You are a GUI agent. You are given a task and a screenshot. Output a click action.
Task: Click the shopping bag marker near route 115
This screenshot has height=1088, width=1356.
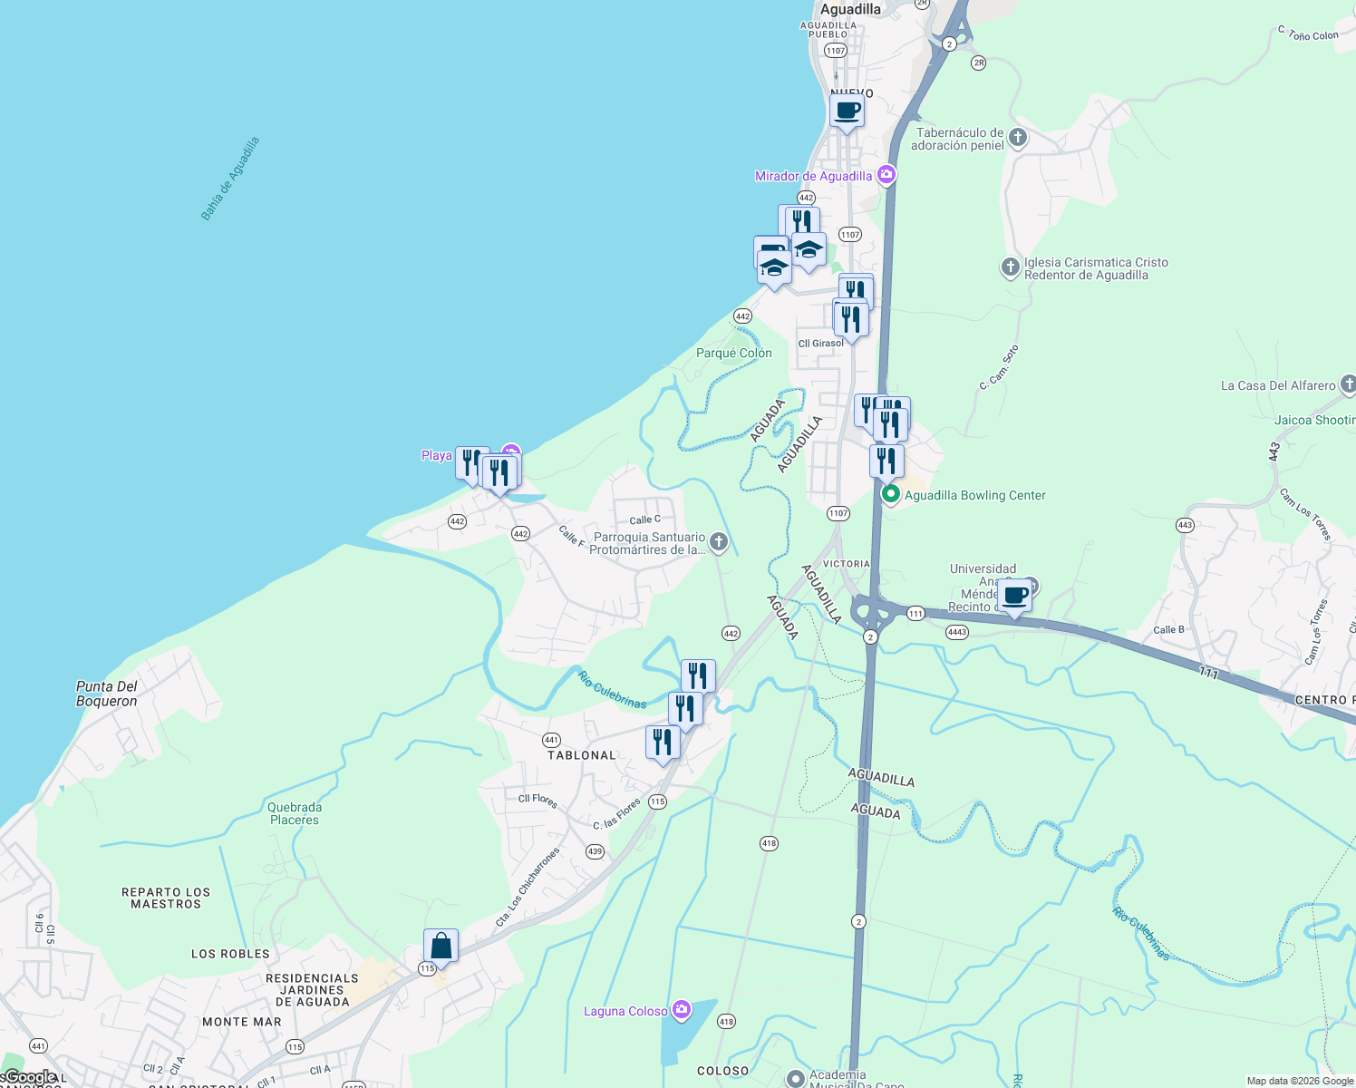441,946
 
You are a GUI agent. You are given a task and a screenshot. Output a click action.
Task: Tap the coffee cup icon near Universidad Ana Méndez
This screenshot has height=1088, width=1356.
1015,596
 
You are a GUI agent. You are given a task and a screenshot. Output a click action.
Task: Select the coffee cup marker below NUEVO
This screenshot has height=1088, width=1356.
847,112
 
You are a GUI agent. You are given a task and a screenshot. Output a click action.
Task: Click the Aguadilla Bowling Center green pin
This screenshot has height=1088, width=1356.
890,494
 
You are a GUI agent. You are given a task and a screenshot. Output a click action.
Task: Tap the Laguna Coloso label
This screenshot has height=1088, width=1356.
625,1011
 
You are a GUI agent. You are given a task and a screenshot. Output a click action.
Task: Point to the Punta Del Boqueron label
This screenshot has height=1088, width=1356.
107,694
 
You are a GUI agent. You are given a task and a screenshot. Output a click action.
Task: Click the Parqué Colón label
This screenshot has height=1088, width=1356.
734,353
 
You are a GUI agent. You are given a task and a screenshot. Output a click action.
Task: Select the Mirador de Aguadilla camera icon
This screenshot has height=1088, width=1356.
886,175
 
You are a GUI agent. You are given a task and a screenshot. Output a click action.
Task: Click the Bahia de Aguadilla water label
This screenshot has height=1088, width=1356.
230,179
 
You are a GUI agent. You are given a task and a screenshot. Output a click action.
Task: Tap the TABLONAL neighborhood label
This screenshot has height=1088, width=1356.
582,755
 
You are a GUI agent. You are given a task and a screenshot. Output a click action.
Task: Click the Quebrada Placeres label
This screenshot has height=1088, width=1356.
295,813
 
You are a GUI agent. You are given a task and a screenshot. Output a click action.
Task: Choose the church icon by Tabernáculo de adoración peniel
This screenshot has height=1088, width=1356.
1018,138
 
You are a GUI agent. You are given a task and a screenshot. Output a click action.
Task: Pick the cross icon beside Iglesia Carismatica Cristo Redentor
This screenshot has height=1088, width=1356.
1010,267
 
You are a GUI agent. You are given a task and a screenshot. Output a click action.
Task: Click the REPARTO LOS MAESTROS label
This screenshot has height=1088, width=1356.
166,898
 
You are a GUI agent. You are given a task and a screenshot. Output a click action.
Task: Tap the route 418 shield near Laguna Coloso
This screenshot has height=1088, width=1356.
726,1022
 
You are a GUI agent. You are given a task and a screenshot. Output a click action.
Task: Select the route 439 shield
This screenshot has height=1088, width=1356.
595,851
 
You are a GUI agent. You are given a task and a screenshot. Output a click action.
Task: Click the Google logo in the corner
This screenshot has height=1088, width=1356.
31,1077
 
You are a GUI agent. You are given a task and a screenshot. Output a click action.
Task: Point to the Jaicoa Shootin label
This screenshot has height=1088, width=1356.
1314,420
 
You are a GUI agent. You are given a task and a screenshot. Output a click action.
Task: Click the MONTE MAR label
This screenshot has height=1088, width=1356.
242,1022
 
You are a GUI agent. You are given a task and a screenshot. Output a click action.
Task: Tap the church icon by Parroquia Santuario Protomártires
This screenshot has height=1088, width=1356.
719,542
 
